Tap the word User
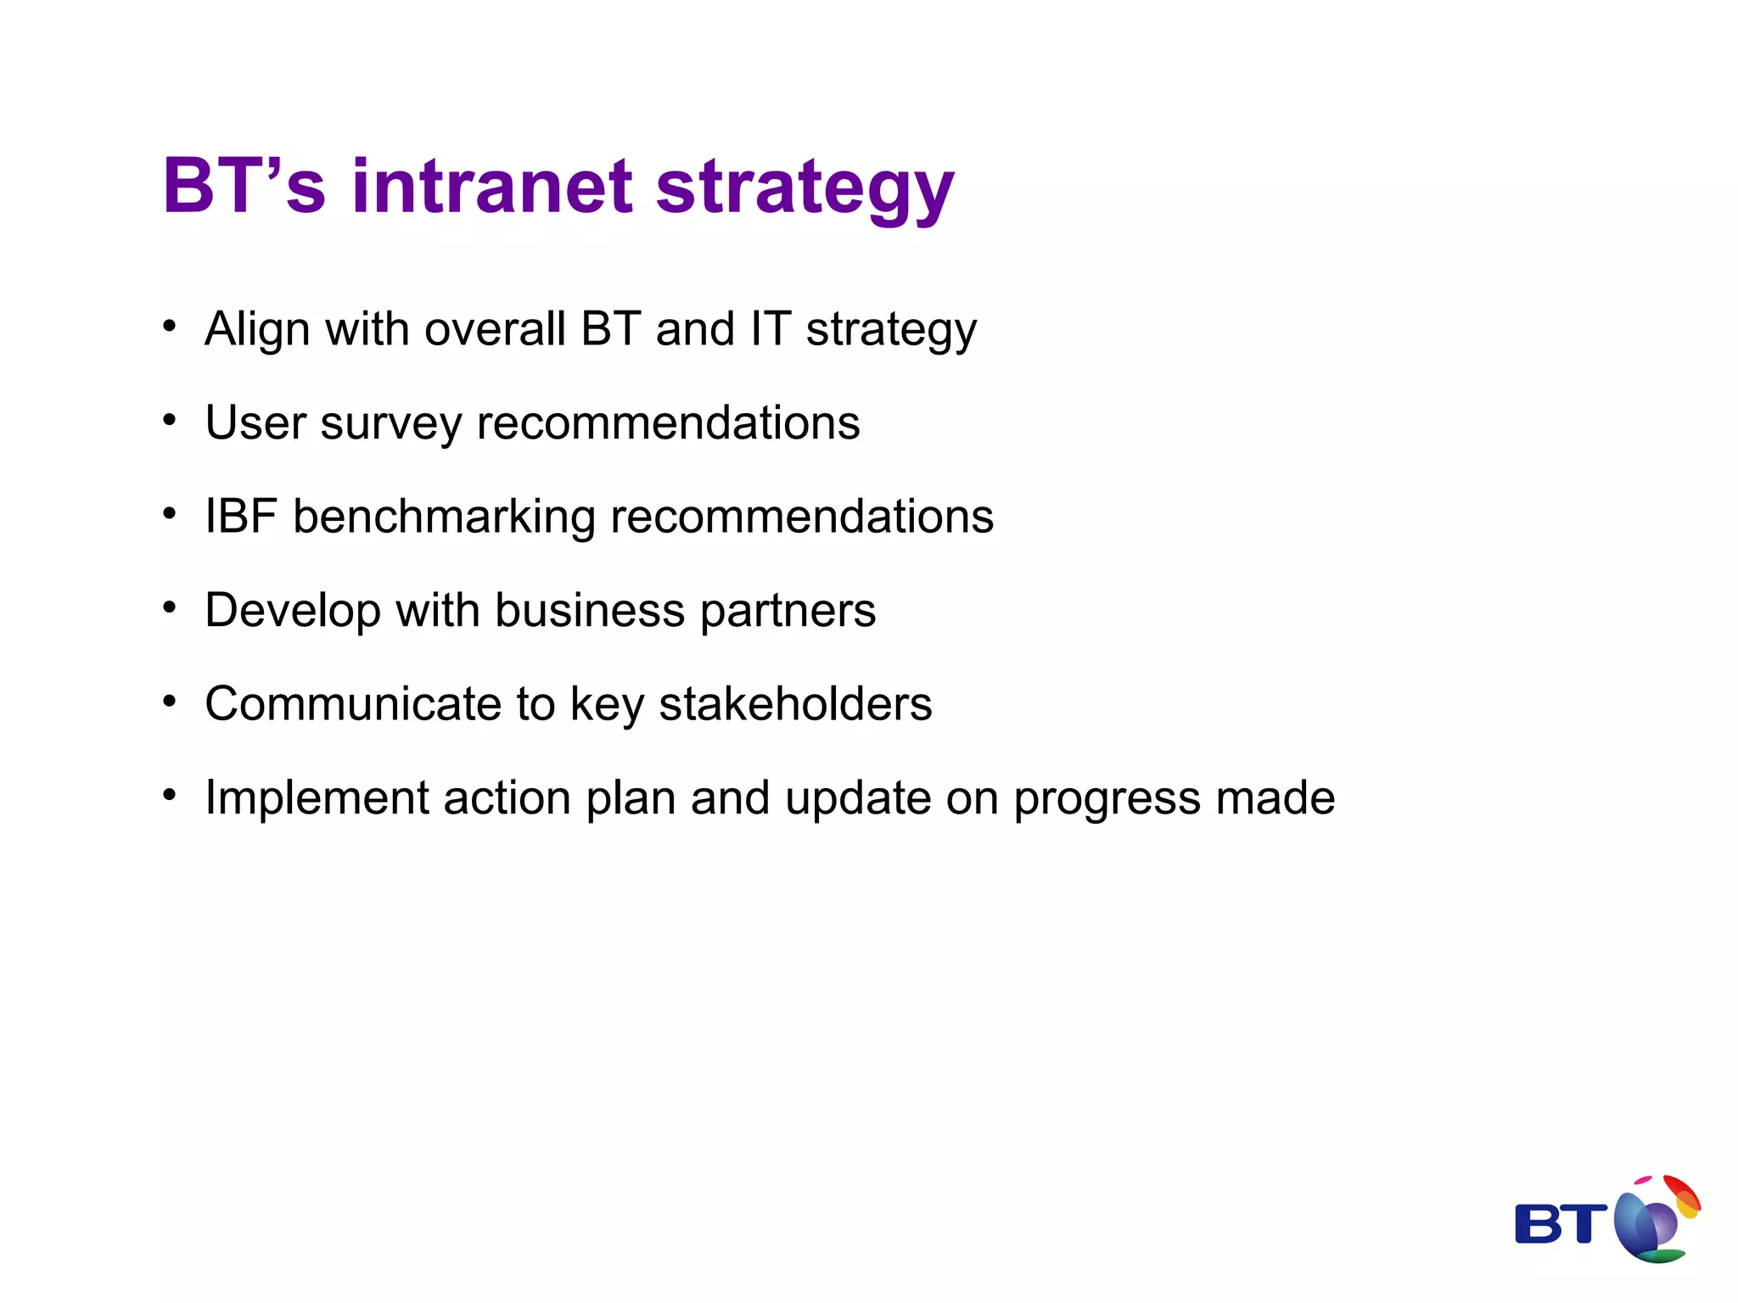tap(255, 422)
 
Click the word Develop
tap(293, 611)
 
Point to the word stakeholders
tap(795, 704)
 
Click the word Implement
tap(317, 799)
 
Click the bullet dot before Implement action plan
tap(170, 795)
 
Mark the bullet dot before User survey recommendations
tap(170, 419)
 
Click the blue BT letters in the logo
tap(1560, 1224)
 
